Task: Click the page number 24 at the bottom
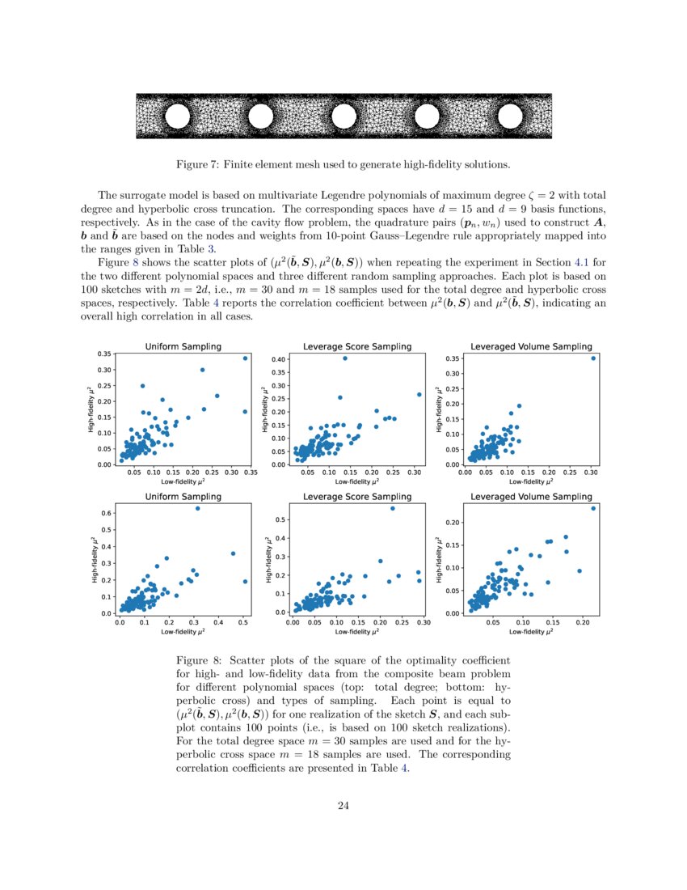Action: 343,805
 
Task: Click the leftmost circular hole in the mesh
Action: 176,117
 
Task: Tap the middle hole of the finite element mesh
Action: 343,117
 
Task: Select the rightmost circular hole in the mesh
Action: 511,117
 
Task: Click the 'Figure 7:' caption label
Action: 197,165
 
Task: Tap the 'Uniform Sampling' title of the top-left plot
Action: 183,346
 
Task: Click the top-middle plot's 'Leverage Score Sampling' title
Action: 356,346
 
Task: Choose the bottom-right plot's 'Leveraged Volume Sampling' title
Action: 531,496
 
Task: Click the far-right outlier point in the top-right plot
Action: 592,358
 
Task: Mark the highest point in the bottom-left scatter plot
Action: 197,508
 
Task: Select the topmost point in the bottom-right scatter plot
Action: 592,508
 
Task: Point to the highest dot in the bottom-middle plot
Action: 393,508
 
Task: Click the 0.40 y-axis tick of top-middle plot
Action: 278,358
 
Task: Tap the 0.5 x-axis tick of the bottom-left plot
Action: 245,622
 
